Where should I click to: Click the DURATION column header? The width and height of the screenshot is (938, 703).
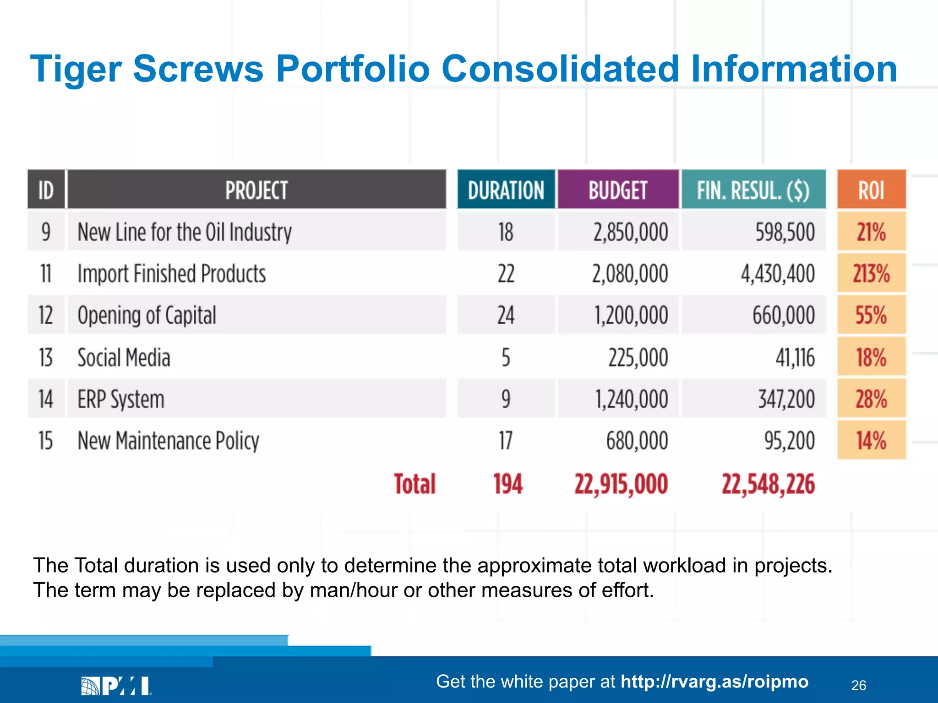[x=506, y=190]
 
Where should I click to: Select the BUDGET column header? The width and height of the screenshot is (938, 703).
[x=618, y=190]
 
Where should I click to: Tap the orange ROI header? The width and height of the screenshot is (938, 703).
[x=871, y=190]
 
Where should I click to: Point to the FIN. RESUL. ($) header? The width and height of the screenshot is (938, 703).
[x=753, y=190]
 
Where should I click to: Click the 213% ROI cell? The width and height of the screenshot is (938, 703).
[x=871, y=274]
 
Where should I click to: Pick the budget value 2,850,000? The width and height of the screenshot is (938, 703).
[x=631, y=232]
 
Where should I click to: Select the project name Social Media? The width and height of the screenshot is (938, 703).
[x=124, y=357]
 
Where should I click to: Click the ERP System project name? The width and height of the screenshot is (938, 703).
[x=121, y=399]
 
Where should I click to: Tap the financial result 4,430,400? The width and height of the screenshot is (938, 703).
[x=778, y=274]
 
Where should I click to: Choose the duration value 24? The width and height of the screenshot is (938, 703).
[x=506, y=315]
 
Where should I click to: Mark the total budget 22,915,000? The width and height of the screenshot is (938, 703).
[x=621, y=484]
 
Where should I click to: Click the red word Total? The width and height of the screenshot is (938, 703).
[x=415, y=484]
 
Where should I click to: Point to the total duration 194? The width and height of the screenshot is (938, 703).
[x=508, y=484]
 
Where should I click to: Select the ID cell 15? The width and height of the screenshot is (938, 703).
[x=46, y=441]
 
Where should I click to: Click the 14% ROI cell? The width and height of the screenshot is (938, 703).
[x=871, y=441]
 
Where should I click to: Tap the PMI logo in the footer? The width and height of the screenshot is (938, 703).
[x=116, y=686]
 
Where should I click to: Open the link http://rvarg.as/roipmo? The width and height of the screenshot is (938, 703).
[x=714, y=681]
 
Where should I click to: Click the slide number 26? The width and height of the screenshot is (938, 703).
[x=858, y=685]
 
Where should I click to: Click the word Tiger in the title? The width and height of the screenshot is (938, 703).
[x=76, y=70]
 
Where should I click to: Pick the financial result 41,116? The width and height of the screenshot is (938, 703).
[x=795, y=357]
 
